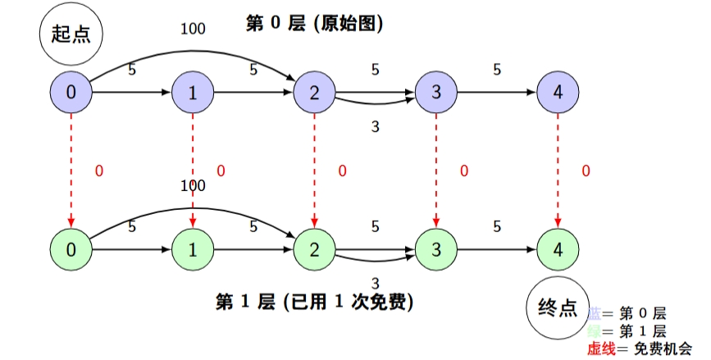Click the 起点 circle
click(71, 34)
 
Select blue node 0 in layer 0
click(71, 93)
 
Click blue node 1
click(193, 93)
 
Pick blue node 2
click(315, 93)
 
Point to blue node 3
click(436, 93)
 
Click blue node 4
click(558, 93)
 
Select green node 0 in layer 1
click(71, 249)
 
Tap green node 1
click(193, 249)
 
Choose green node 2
click(315, 249)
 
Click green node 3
click(436, 249)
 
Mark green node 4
click(558, 249)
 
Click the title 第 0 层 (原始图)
click(315, 24)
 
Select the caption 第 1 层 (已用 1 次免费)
click(314, 302)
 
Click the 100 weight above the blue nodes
click(193, 30)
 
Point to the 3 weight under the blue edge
click(375, 126)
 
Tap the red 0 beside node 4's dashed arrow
click(586, 171)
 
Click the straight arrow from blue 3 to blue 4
click(497, 93)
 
